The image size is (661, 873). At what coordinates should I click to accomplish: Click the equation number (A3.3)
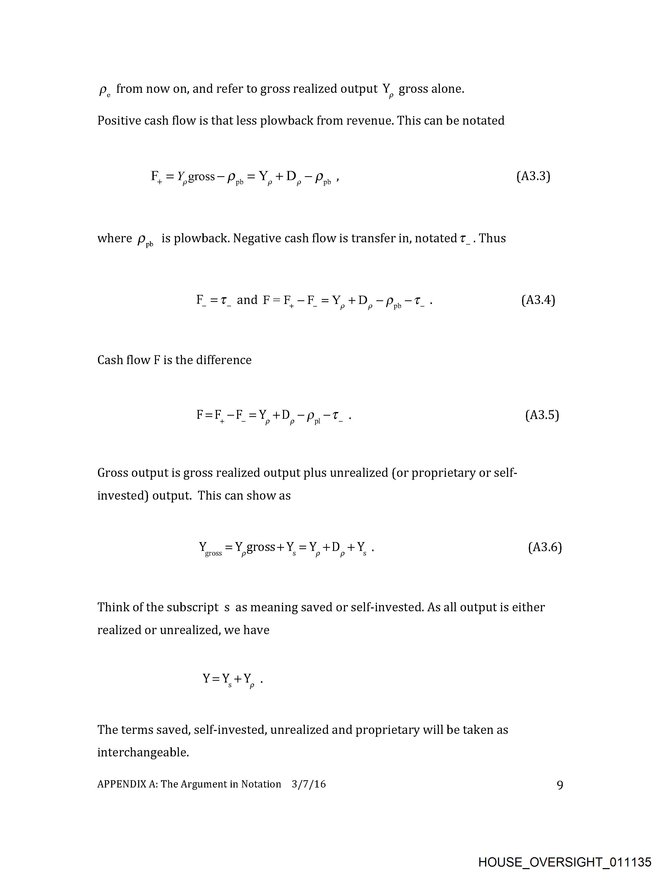(x=533, y=176)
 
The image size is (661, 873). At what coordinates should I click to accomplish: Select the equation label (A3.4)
(x=538, y=300)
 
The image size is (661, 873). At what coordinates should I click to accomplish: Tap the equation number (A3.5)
(x=542, y=415)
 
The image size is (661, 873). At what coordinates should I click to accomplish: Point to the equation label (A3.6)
(x=545, y=547)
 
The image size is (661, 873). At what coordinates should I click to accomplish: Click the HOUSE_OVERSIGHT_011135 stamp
(x=565, y=862)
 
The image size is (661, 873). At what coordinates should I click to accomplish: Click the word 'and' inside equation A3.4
(x=247, y=300)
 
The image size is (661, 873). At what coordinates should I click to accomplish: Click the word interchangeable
(x=143, y=753)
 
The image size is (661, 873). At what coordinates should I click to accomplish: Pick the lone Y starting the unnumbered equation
(x=207, y=678)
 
